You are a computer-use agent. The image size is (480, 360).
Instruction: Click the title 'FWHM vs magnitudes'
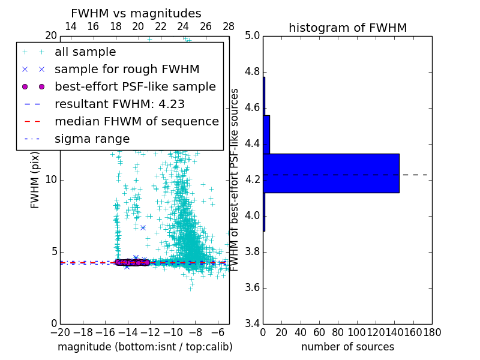point(136,13)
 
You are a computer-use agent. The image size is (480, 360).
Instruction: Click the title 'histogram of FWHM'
point(347,28)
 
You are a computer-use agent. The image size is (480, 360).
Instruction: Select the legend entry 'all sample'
point(85,52)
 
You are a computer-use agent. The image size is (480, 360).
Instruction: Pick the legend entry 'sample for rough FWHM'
point(127,69)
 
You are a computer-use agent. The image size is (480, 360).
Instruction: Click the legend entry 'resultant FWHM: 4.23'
point(119,104)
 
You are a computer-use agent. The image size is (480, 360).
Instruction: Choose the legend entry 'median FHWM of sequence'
point(136,121)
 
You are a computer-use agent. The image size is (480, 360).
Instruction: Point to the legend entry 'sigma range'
point(92,139)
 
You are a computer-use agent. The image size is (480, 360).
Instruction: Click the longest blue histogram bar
point(331,173)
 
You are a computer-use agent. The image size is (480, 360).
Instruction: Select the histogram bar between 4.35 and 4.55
point(266,134)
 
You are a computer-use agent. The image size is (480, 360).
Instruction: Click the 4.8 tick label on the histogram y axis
point(252,72)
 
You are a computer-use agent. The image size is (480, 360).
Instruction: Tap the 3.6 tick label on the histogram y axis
point(252,287)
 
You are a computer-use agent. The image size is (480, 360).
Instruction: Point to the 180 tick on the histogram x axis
point(431,332)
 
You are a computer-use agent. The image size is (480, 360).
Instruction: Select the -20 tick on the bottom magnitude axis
point(60,332)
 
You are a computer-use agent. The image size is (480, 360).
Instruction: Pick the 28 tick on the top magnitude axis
point(229,26)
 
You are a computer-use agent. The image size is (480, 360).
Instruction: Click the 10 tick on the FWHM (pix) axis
point(51,180)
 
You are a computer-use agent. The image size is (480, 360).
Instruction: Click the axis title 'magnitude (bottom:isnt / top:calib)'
point(145,347)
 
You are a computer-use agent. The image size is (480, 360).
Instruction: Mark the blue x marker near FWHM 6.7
point(143,227)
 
